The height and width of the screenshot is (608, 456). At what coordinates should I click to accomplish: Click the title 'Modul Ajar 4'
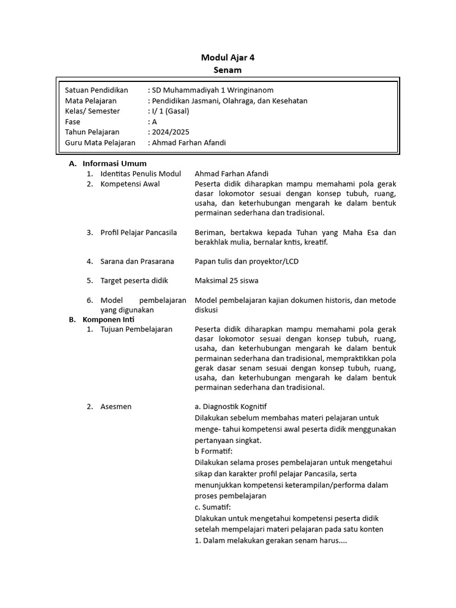point(228,58)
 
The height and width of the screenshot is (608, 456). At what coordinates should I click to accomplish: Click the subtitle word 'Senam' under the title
point(228,70)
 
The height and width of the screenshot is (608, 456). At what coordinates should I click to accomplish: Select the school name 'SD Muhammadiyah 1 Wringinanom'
point(213,90)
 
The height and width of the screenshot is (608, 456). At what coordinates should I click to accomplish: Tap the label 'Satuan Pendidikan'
point(96,90)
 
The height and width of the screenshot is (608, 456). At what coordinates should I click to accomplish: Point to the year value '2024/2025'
point(170,132)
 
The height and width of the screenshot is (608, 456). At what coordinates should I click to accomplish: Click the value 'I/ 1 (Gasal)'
point(168,111)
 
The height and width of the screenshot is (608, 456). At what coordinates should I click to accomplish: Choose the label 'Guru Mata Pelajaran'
point(100,142)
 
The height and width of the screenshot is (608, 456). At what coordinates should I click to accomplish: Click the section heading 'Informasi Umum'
point(115,163)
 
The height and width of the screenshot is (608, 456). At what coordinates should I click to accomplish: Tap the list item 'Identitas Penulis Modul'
point(140,174)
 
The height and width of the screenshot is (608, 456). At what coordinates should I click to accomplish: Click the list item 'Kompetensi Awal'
point(130,184)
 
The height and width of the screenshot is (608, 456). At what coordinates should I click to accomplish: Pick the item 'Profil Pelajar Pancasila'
point(139,232)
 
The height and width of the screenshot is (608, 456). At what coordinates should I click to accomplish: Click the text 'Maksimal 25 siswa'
point(226,280)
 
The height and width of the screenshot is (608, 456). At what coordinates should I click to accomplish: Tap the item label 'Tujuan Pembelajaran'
point(137,329)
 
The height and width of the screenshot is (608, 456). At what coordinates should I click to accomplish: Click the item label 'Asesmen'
point(116,407)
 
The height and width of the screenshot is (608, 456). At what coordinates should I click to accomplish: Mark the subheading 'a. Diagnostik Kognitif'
point(230,407)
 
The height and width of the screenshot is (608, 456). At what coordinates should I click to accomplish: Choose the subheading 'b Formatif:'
point(214,451)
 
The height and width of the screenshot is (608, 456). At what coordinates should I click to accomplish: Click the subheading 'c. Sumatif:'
point(213,506)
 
